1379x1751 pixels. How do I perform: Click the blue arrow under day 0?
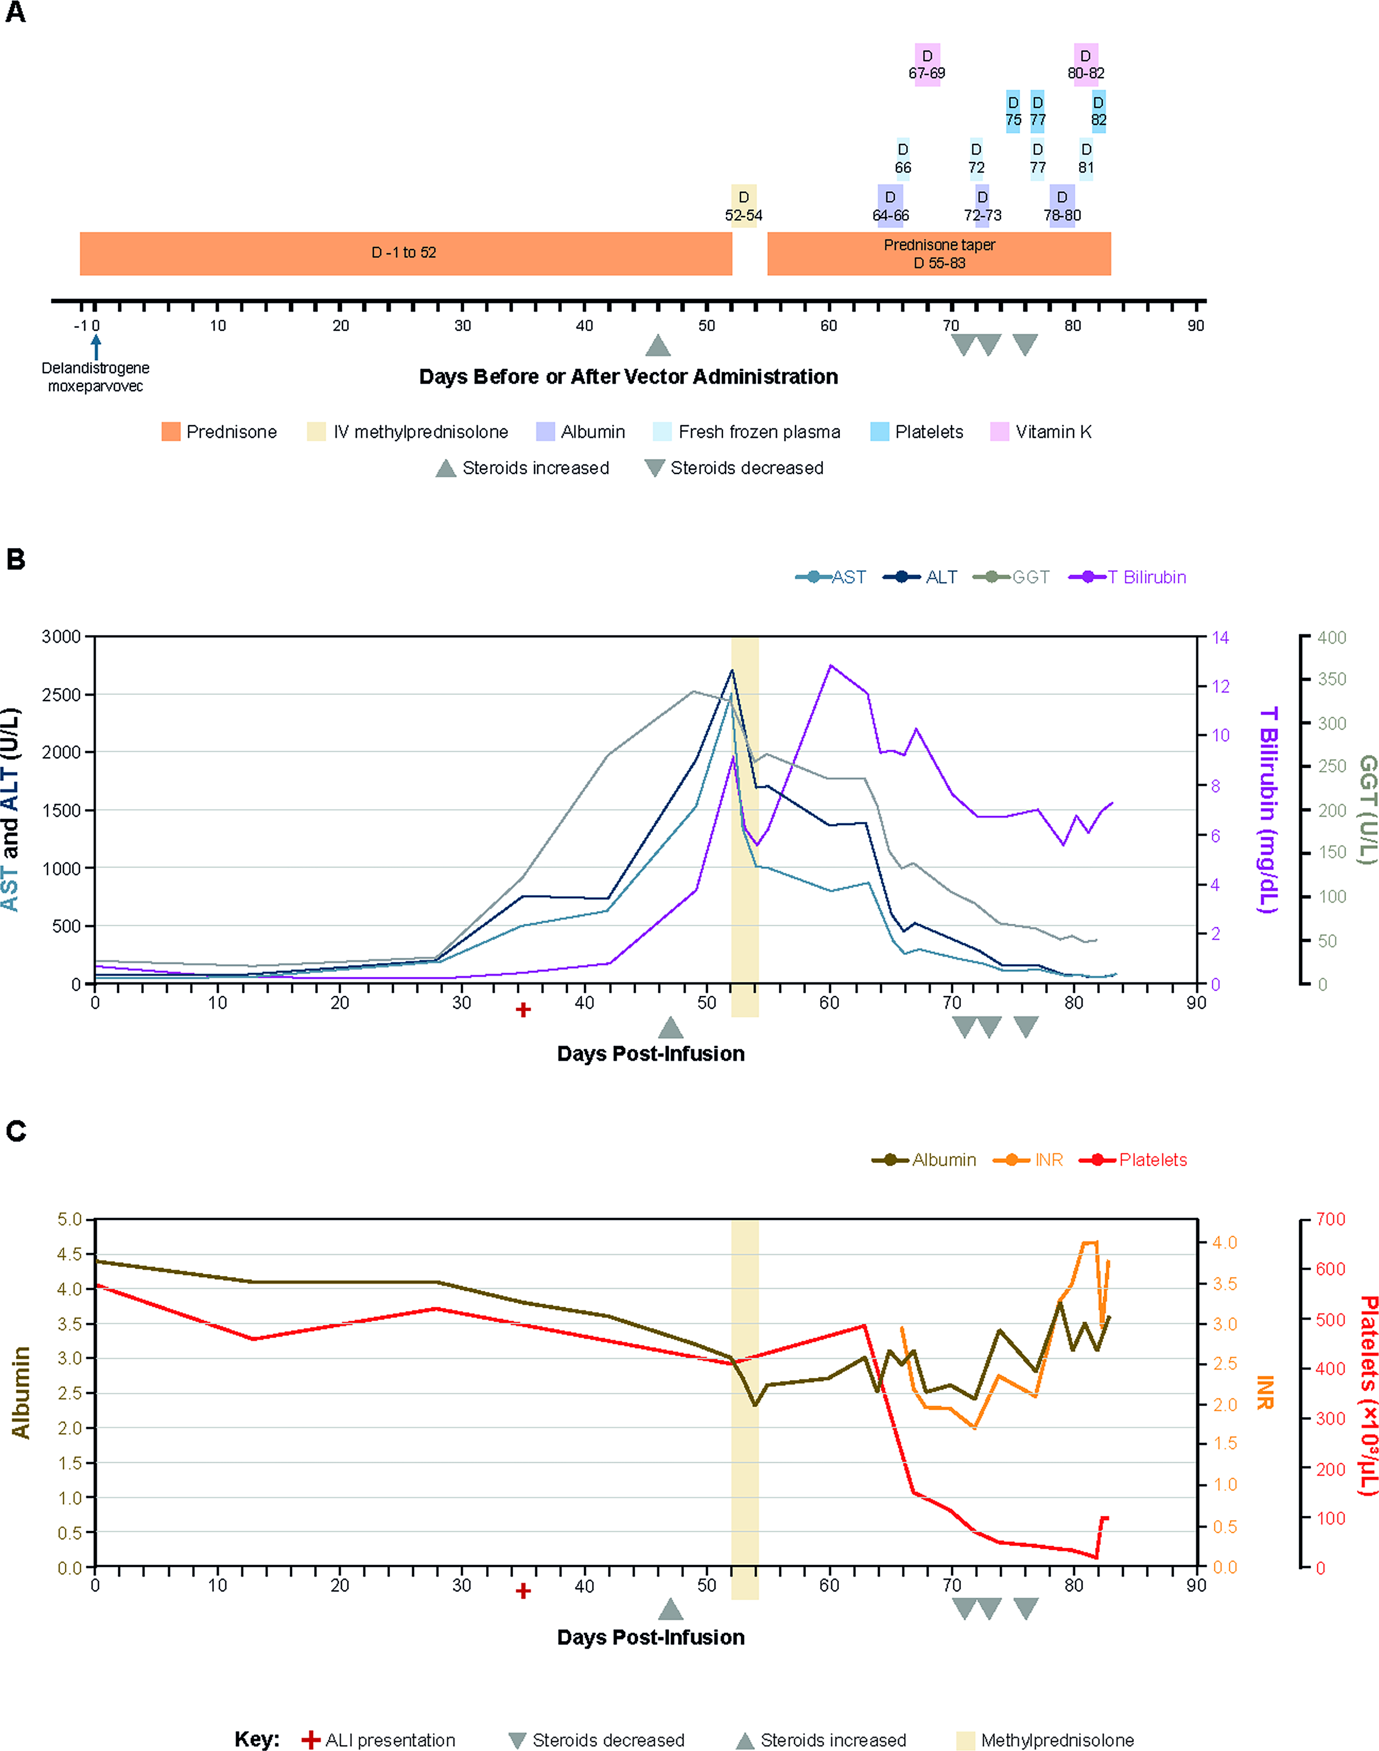click(96, 347)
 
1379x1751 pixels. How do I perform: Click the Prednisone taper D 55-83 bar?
click(939, 254)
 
